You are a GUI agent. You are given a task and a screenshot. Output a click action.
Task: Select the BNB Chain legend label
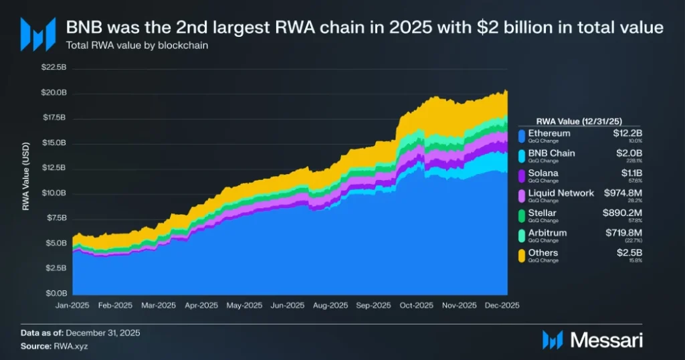552,153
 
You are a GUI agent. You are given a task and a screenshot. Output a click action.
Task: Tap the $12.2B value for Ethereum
628,133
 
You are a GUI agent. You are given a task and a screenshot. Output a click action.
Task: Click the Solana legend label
544,173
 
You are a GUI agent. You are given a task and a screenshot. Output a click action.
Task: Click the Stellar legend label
543,213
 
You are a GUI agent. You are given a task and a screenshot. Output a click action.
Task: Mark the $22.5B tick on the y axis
53,68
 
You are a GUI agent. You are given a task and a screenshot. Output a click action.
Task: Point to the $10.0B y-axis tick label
53,193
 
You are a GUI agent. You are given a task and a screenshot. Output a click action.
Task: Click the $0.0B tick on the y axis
55,294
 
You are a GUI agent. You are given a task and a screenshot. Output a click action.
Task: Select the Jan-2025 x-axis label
71,305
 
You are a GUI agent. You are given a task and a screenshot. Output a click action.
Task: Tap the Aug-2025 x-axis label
329,305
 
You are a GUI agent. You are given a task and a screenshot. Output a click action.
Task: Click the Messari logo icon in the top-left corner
37,34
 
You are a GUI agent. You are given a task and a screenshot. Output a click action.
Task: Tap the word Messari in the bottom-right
606,340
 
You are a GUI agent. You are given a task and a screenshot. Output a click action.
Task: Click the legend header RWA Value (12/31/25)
579,121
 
